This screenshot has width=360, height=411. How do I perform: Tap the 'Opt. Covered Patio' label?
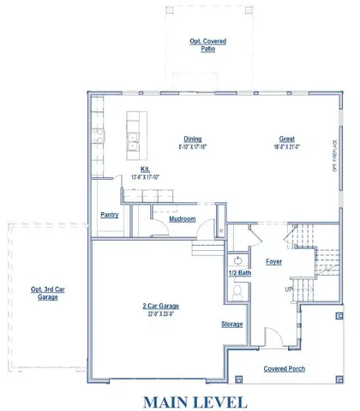202,45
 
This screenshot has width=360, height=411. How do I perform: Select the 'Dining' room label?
192,139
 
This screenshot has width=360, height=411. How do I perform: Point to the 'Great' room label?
287,139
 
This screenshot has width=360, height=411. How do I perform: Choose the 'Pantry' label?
109,215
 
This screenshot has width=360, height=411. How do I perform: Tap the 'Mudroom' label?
182,219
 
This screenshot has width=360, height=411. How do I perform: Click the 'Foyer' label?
274,261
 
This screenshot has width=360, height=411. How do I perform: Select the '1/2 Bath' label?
238,272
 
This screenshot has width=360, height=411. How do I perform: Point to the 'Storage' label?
231,324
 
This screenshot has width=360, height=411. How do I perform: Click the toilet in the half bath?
238,292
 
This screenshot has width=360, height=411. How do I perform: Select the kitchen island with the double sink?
135,136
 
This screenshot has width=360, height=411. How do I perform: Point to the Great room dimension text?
287,146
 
